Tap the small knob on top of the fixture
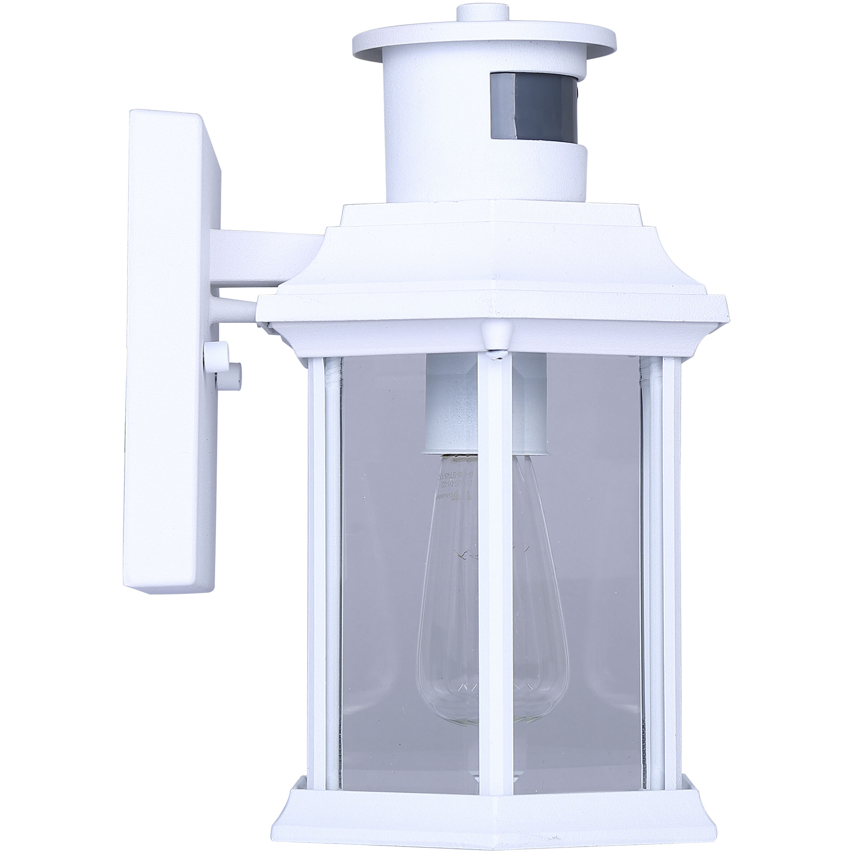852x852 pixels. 482,12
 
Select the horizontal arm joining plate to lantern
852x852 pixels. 265,256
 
